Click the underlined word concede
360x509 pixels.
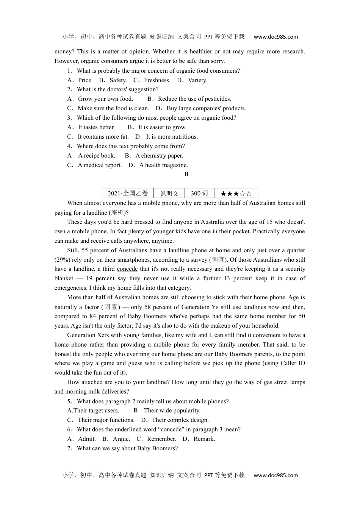click(x=127, y=269)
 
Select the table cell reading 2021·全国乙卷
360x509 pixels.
click(x=128, y=193)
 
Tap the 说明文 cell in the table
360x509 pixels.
click(x=169, y=193)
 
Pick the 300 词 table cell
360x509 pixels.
click(x=199, y=193)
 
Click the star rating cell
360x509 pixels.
click(x=236, y=193)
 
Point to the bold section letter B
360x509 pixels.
click(x=186, y=174)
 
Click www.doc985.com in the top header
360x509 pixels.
click(x=275, y=37)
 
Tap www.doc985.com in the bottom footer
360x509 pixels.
click(x=275, y=475)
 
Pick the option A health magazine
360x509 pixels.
click(x=163, y=165)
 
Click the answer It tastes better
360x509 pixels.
click(x=96, y=127)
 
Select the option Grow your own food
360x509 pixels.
click(x=105, y=99)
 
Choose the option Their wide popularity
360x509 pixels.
click(x=172, y=411)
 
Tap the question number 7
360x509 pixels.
click(x=69, y=448)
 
